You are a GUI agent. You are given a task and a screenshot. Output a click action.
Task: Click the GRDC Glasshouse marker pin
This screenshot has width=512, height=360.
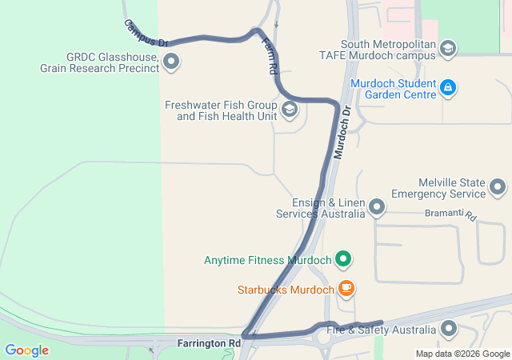click(x=170, y=62)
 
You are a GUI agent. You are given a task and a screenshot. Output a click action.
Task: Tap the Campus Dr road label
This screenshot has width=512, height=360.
click(x=146, y=33)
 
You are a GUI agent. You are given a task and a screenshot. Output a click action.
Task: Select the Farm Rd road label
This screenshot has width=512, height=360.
click(x=270, y=58)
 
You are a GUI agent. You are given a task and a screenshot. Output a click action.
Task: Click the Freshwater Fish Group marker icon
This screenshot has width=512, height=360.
click(x=290, y=110)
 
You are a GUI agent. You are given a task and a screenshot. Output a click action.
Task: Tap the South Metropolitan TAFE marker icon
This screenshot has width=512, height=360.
click(x=448, y=49)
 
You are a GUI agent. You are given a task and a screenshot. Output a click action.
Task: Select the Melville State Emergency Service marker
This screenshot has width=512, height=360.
click(x=498, y=188)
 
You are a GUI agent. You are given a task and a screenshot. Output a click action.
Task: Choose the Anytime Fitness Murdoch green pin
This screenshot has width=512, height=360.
click(x=343, y=259)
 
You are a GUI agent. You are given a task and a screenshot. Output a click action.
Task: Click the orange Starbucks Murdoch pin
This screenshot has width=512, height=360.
click(x=346, y=288)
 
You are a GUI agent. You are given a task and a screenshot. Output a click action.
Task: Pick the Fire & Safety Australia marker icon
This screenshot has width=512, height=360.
click(x=449, y=329)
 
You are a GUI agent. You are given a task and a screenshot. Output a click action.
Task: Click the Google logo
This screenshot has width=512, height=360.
click(x=27, y=350)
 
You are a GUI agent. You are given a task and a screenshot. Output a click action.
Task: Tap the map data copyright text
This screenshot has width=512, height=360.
click(x=462, y=354)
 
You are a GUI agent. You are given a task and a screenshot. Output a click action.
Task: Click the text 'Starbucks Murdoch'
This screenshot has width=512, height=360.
click(x=285, y=289)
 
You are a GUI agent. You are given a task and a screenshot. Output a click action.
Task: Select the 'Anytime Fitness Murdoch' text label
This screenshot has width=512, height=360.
click(x=267, y=260)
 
